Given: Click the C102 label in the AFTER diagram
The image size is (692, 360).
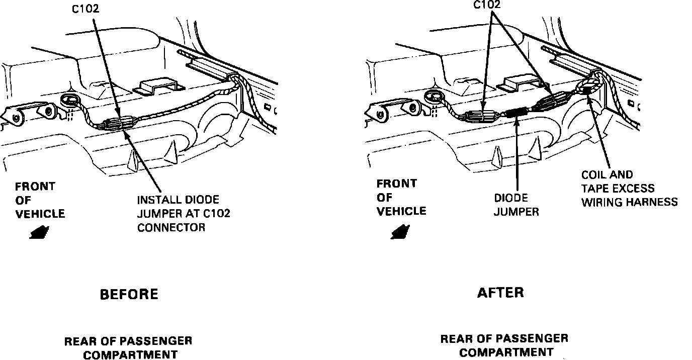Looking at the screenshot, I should (487, 5).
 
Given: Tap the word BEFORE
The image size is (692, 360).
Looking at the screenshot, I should (129, 294).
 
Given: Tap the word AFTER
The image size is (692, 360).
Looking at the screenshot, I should (500, 292).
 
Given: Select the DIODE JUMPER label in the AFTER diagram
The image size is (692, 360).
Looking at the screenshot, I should (516, 205).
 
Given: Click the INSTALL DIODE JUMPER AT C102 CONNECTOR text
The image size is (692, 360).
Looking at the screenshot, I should (184, 214).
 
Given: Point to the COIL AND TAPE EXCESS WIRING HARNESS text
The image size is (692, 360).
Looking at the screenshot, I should (629, 189).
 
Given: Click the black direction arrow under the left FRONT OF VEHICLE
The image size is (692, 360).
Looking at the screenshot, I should (39, 233).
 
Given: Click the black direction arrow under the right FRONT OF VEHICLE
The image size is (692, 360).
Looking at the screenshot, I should (400, 232).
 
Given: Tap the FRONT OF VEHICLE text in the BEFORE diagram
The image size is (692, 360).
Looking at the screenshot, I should (40, 200).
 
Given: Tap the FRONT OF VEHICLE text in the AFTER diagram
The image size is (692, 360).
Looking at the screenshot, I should (401, 198).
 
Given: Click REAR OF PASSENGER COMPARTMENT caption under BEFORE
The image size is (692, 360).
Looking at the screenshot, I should (128, 348).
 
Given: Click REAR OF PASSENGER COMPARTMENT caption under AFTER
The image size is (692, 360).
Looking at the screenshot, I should (504, 345).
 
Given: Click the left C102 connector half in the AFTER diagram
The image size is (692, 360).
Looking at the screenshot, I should (481, 117).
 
